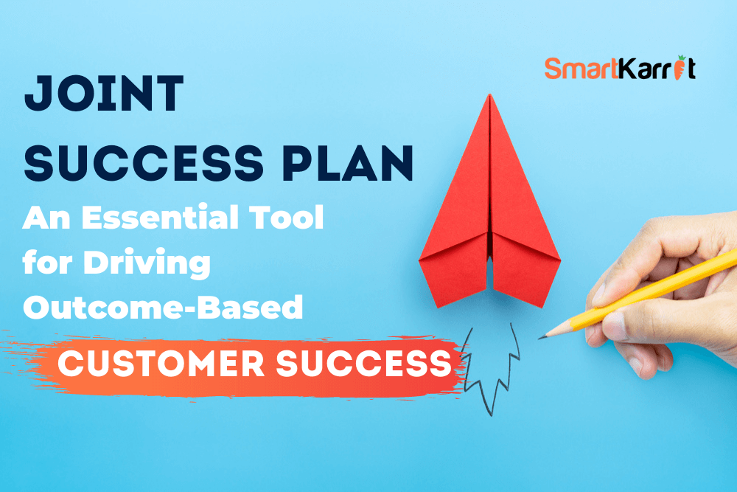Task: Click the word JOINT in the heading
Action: tap(104, 93)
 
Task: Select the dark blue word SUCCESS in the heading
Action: tap(144, 163)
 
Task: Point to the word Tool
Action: tap(286, 218)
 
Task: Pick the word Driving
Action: tap(147, 263)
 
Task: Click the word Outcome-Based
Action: tap(163, 307)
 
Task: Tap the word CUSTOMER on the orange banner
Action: tap(161, 364)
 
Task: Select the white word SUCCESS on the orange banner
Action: tap(364, 364)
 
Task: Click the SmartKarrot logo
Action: tap(620, 68)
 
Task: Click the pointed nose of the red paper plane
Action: tap(490, 94)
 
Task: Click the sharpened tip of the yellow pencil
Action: tap(539, 338)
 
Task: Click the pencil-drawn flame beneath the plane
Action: tap(492, 372)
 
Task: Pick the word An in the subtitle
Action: tap(46, 218)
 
